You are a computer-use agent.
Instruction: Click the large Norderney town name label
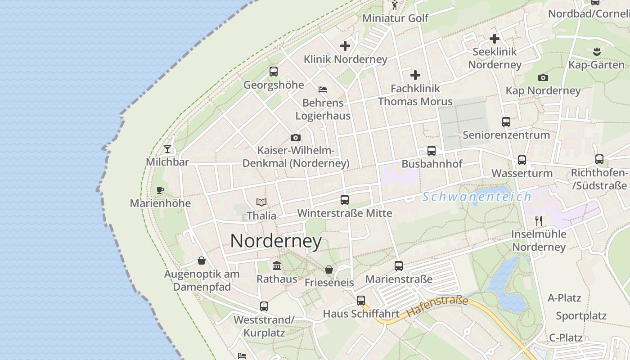coord(276,241)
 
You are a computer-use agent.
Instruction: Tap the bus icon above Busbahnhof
coord(432,151)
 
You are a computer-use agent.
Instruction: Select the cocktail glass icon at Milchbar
coord(167,148)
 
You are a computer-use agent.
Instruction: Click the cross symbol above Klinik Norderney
coord(345,45)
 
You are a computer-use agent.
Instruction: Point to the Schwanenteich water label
coord(477,197)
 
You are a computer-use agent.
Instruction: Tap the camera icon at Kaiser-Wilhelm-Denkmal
coord(295,137)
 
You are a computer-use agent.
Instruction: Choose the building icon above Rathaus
coord(277,266)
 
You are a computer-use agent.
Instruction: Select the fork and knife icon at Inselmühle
coord(539,220)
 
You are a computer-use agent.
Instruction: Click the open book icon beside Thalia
coord(261,202)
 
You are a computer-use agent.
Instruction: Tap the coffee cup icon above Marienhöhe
coord(160,190)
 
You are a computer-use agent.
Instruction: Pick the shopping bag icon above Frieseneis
coord(329,270)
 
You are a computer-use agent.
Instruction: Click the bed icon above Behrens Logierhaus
coord(323,89)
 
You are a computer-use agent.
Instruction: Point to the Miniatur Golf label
coord(395,18)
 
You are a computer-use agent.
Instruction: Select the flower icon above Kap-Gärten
coord(597,51)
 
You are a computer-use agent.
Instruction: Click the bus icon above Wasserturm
coord(522,160)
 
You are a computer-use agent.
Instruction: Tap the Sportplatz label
coord(581,315)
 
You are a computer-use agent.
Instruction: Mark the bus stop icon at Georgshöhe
coord(273,72)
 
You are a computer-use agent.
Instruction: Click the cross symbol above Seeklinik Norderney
coord(495,39)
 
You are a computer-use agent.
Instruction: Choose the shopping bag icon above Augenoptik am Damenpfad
coord(202,261)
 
